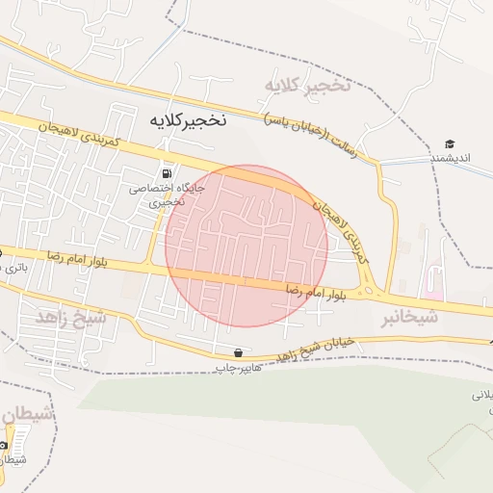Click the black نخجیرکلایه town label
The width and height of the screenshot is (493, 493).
click(187, 121)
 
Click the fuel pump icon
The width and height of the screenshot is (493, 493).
click(169, 173)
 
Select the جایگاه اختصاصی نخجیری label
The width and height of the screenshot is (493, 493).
click(155, 195)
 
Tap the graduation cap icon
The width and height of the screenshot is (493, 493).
click(450, 143)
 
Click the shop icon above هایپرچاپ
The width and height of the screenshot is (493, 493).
click(237, 352)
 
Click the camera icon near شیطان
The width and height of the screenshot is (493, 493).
click(4, 445)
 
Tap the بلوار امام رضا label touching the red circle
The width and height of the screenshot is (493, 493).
click(313, 288)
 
